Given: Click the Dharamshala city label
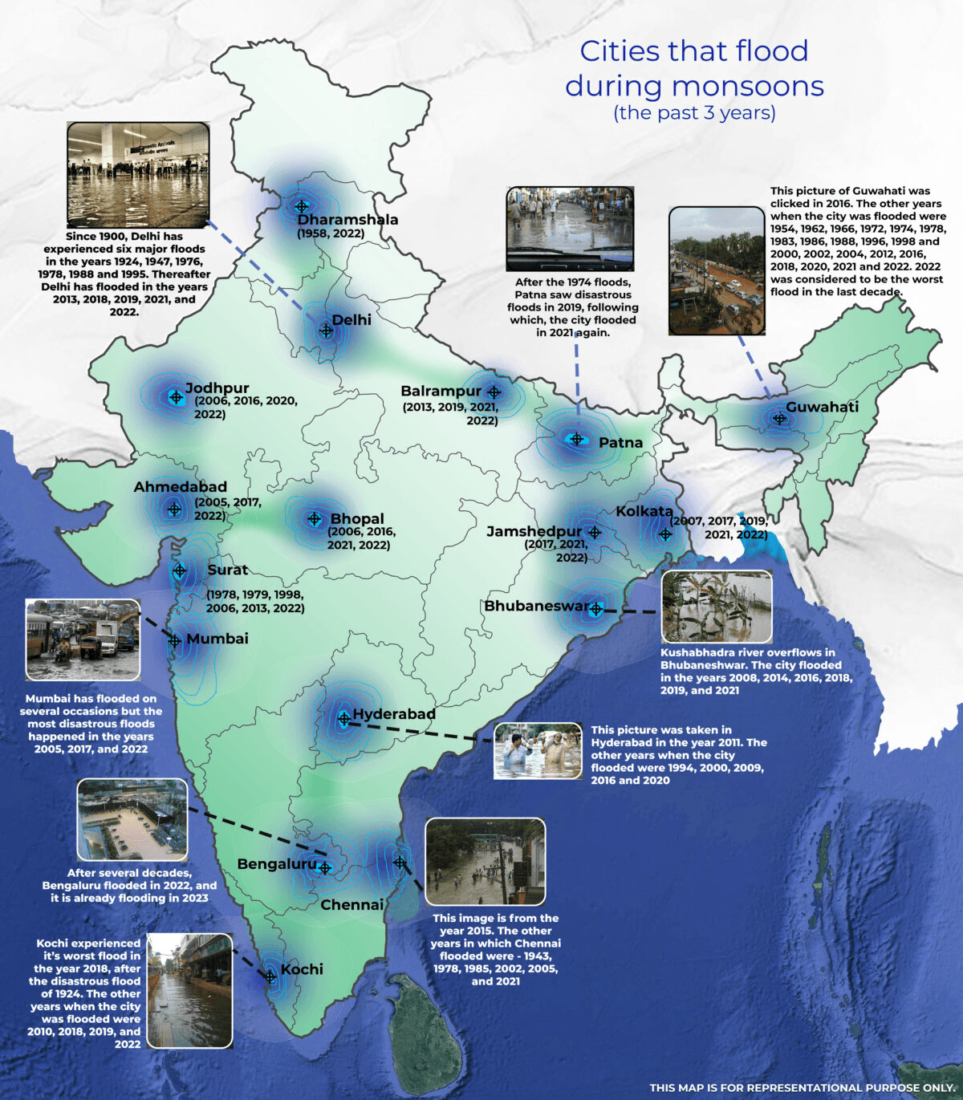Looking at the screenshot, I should click(x=347, y=220).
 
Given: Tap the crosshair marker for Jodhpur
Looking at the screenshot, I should click(x=176, y=397).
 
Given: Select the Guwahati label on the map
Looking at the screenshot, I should click(x=822, y=407).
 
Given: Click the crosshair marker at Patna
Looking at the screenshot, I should click(x=576, y=439).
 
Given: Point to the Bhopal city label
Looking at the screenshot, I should click(x=357, y=519).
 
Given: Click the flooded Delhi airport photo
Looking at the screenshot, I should click(x=138, y=174).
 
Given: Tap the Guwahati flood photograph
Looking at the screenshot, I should click(x=717, y=270).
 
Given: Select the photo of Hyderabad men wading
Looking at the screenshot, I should click(x=538, y=751).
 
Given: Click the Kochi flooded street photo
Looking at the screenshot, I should click(x=189, y=990).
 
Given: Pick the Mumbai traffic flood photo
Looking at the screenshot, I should click(x=83, y=639).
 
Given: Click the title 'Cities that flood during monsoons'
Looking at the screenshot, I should click(x=694, y=68).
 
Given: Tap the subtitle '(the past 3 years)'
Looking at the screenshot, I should click(x=694, y=113).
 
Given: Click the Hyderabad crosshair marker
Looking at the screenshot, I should click(x=344, y=719).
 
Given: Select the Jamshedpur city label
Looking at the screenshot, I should click(x=534, y=532).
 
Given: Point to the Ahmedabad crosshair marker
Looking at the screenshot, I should click(x=174, y=509).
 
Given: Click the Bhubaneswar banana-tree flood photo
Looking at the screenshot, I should click(x=716, y=607).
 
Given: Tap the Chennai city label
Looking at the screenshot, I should click(x=351, y=905).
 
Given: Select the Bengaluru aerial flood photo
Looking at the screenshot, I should click(x=132, y=819).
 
